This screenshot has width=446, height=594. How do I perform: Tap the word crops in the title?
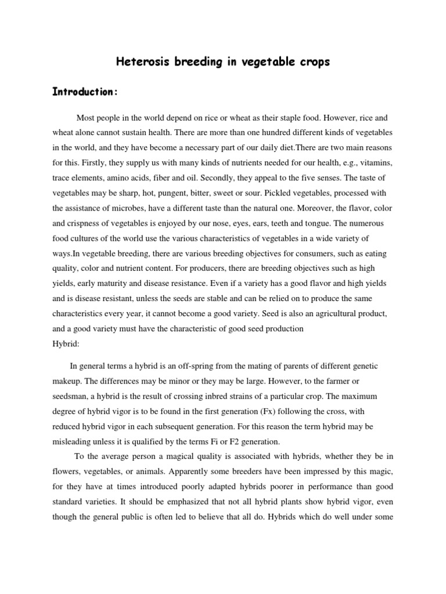coord(311,62)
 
